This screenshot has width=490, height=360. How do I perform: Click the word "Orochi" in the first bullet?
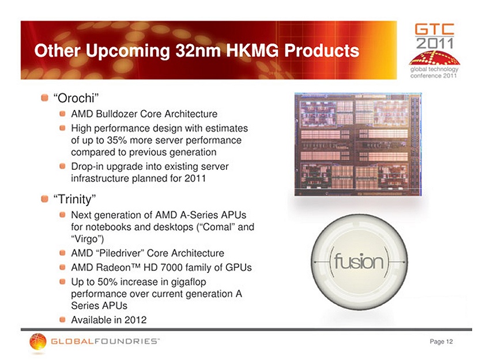point(76,98)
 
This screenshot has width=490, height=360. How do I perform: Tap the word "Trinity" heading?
point(74,199)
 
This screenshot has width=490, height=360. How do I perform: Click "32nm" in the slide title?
point(198,50)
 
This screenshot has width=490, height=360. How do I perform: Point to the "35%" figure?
point(117,140)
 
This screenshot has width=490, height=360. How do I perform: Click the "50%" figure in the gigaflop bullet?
point(107,282)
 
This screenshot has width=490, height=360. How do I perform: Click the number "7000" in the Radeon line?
point(171,267)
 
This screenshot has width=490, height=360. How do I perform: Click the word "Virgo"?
point(86,239)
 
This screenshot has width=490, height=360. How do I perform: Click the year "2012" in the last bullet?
point(135,320)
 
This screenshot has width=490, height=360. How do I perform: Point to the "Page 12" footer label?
point(441,342)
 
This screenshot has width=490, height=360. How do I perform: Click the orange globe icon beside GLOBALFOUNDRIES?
point(38,341)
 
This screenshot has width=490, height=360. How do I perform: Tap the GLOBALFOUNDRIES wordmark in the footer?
point(105,341)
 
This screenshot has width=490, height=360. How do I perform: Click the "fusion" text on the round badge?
point(359,262)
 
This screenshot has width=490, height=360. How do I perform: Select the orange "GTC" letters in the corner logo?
point(435,29)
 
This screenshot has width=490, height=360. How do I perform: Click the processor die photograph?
point(358,144)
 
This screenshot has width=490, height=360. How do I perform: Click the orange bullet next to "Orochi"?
point(45,98)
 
